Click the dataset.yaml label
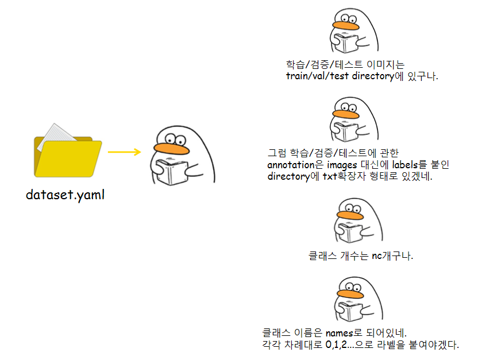click(x=65, y=195)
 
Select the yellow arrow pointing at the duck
click(x=124, y=152)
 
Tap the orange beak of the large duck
click(x=171, y=149)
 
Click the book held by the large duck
click(x=172, y=172)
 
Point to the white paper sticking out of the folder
click(x=56, y=136)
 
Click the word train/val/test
click(x=317, y=76)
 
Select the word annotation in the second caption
click(x=291, y=165)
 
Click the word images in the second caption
click(x=342, y=165)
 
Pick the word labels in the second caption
click(x=405, y=164)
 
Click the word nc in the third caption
click(x=377, y=256)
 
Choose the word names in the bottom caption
click(x=340, y=333)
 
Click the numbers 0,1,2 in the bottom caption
click(x=336, y=344)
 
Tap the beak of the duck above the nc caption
click(x=350, y=215)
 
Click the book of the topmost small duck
click(x=346, y=43)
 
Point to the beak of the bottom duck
click(x=350, y=294)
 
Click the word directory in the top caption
click(x=373, y=76)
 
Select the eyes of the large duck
click(x=175, y=140)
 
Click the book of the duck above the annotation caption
click(x=346, y=132)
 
